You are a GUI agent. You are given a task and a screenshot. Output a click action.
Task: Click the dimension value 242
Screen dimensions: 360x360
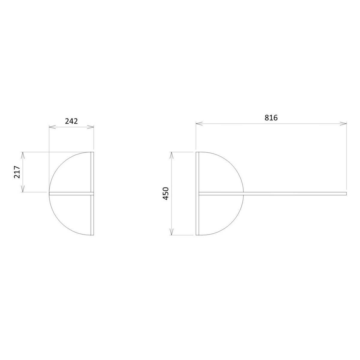point(71,121)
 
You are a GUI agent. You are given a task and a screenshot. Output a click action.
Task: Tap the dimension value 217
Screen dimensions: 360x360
point(17,172)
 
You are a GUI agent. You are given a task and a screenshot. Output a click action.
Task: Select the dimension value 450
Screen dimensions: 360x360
point(166,193)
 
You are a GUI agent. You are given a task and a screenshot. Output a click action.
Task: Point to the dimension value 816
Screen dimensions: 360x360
point(271,118)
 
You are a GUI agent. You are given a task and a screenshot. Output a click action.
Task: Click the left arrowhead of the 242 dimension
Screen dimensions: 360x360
point(52,127)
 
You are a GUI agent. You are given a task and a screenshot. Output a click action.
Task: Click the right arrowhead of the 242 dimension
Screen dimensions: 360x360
point(90,127)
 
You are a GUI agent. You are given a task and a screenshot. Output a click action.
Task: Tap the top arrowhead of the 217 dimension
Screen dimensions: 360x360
point(22,155)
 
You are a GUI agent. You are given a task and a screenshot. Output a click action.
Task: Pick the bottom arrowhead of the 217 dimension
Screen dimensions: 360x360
point(22,189)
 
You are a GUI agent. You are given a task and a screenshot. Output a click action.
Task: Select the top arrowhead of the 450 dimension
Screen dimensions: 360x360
point(172,155)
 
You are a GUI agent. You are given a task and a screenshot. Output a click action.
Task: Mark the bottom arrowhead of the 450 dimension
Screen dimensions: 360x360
point(172,232)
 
